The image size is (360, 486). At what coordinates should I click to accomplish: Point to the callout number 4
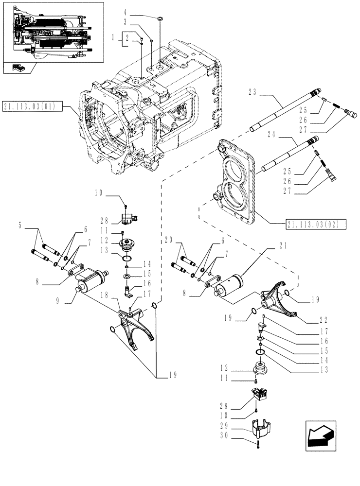[125, 11]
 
